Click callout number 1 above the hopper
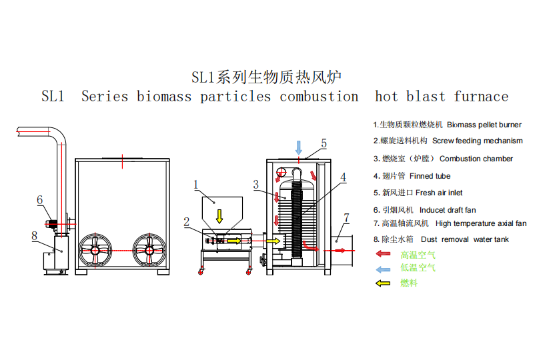click(x=196, y=185)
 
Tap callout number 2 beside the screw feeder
click(x=187, y=222)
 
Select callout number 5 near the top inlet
click(x=324, y=143)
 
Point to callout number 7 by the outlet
click(x=346, y=218)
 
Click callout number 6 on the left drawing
click(x=40, y=200)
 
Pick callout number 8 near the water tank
click(x=35, y=235)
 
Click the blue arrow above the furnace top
click(x=299, y=147)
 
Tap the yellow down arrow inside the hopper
click(x=219, y=216)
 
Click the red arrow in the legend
click(x=384, y=254)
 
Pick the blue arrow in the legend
click(x=384, y=269)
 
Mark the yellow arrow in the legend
click(x=384, y=283)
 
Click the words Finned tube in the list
click(x=430, y=176)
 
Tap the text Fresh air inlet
click(x=439, y=193)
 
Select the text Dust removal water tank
click(x=465, y=239)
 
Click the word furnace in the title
click(x=481, y=96)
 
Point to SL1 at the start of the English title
click(x=53, y=96)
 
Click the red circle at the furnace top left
click(x=282, y=172)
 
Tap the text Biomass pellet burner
click(x=484, y=125)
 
